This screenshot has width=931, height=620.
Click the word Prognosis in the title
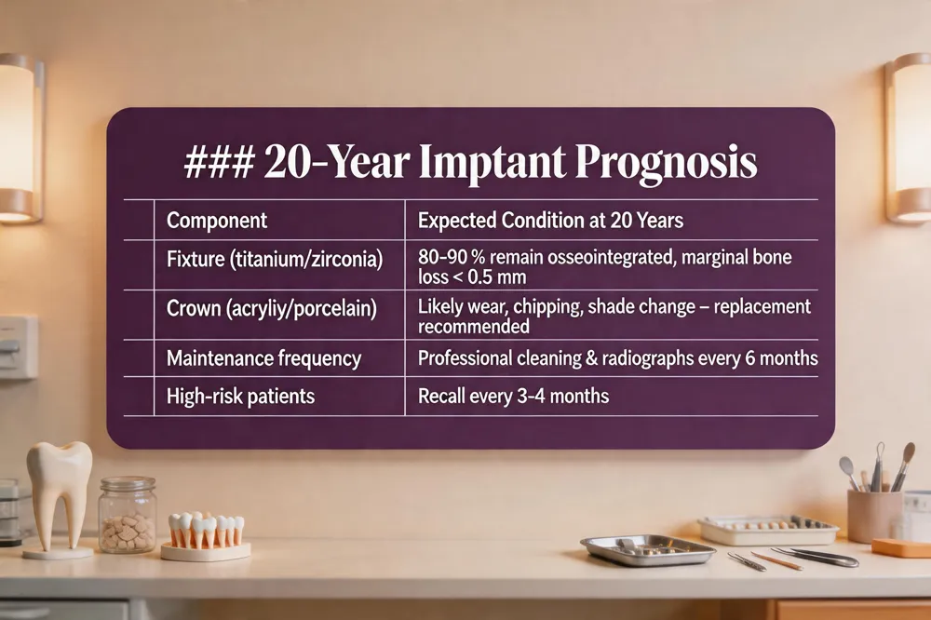click(x=667, y=163)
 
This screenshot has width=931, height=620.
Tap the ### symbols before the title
click(x=220, y=162)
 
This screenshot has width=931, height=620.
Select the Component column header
click(x=217, y=221)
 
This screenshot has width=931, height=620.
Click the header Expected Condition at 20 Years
click(x=550, y=221)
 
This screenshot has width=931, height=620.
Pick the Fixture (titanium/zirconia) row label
click(x=275, y=260)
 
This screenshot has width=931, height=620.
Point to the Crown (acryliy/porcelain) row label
click(x=271, y=309)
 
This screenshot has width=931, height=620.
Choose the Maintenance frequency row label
click(x=263, y=358)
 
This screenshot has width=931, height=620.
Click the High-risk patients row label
click(x=240, y=397)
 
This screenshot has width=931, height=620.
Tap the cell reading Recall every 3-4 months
click(x=513, y=397)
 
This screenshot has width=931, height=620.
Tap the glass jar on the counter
click(x=127, y=516)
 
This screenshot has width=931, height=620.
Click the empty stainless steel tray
click(x=648, y=549)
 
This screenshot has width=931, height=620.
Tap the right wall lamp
click(x=909, y=138)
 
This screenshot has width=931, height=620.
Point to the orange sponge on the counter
click(x=902, y=547)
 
